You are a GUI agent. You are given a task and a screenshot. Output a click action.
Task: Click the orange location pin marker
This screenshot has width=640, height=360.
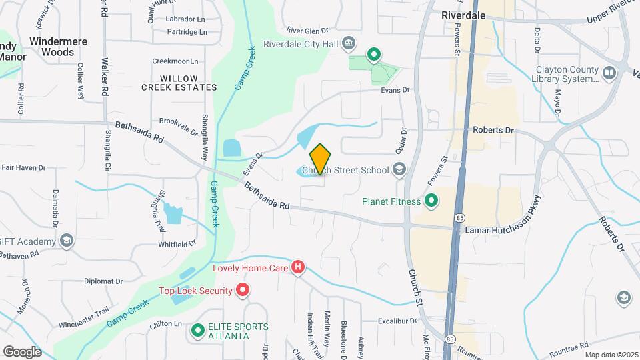pos(321,159)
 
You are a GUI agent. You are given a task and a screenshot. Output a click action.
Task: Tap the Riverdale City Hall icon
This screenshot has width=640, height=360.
pos(348,45)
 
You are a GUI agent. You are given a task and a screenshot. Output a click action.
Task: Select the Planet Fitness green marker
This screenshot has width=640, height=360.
pos(431,201)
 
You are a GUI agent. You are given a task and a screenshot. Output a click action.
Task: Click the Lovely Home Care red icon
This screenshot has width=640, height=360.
pos(298,268)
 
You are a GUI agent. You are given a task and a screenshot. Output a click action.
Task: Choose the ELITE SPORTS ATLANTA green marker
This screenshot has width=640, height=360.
pos(198,330)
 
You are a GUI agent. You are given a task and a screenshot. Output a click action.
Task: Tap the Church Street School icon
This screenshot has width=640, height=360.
pos(399,169)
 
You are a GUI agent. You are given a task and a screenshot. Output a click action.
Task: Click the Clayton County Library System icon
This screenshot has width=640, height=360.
pos(609,73)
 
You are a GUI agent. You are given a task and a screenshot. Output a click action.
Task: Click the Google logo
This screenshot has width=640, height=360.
pos(23,351)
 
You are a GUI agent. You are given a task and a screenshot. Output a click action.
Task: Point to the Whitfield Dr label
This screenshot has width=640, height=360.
pos(177,245)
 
